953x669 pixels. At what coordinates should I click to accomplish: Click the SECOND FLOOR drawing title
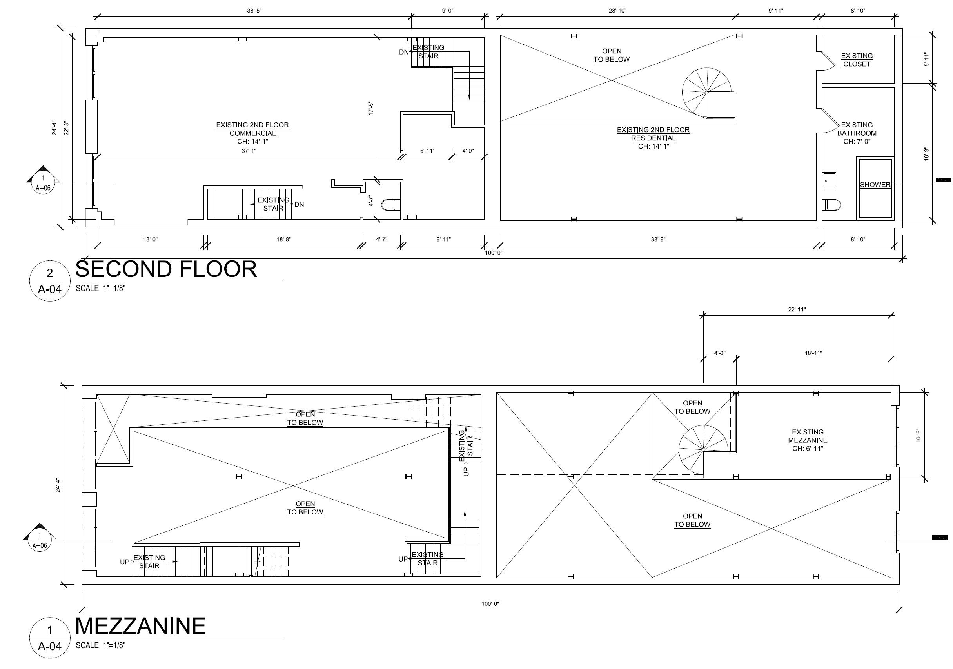166,269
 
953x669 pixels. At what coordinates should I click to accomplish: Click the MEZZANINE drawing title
140,626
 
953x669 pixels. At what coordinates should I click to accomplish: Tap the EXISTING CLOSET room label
857,60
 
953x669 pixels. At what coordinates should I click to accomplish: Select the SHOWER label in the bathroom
875,185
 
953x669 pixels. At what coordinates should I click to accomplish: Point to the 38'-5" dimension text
254,10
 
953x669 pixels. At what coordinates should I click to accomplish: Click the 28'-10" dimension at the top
617,10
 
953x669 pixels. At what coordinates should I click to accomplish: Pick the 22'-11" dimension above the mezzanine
797,309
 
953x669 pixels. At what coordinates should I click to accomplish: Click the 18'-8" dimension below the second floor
283,239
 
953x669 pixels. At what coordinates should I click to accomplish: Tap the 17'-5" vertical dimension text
371,108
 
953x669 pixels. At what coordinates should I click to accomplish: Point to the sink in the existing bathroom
829,181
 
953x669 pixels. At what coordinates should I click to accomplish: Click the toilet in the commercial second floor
390,205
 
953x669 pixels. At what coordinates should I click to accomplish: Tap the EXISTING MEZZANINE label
807,440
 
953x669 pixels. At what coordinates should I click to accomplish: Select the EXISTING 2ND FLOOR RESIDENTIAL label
653,138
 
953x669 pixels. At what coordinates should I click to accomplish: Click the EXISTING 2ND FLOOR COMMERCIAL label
252,133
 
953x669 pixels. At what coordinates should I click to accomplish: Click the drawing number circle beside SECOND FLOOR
50,281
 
